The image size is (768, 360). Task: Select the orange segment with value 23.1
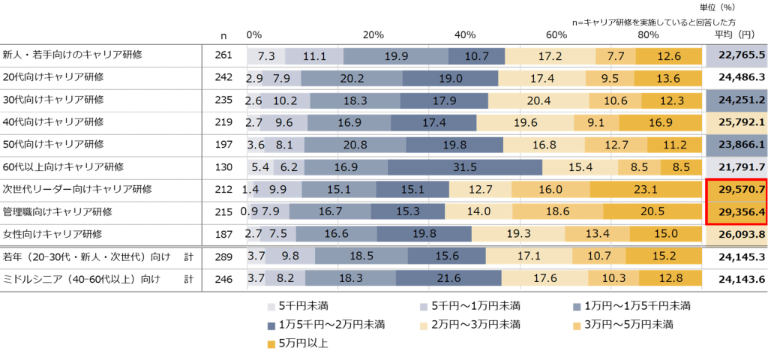coord(646,190)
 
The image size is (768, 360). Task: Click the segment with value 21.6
coord(448,278)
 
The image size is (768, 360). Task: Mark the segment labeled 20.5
coord(652,212)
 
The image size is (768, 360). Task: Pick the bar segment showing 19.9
coord(396,55)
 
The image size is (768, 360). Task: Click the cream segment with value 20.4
coord(538,100)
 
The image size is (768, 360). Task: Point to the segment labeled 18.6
coord(557,212)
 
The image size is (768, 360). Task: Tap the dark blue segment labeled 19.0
coord(450,77)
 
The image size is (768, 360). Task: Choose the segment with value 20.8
coord(355,145)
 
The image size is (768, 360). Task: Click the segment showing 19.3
coord(519,235)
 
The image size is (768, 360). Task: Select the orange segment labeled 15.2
coord(664,256)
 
